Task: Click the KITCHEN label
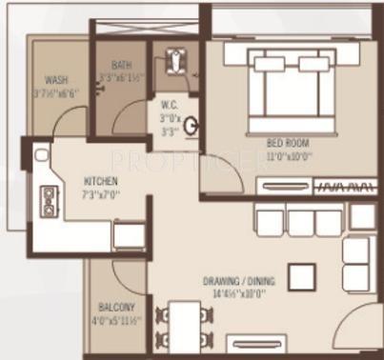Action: pos(101,181)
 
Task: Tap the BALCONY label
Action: pos(117,308)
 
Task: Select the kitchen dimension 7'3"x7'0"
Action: pos(102,194)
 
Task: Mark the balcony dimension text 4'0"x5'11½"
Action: pos(117,320)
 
